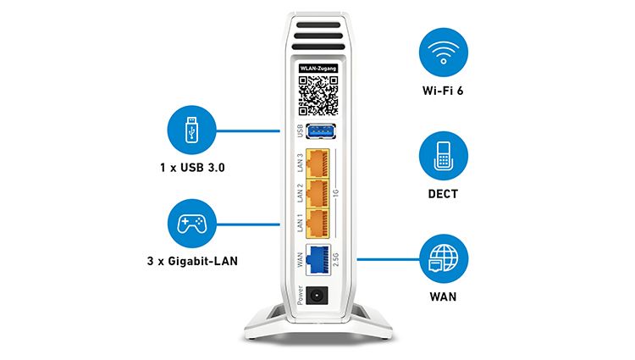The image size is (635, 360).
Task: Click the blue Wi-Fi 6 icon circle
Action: (444, 53)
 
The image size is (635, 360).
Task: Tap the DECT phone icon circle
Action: (444, 156)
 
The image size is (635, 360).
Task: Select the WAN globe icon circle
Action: (444, 258)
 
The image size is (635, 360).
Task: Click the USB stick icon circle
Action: (191, 130)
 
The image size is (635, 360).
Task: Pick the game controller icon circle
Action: (191, 224)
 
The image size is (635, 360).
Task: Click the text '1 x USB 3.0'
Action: (192, 168)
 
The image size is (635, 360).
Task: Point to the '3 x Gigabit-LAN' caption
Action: (192, 261)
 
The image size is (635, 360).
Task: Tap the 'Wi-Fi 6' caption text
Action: (443, 91)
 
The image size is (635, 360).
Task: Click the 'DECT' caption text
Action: (443, 194)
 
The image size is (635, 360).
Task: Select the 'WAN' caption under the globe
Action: (443, 296)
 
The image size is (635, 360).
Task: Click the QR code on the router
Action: (318, 96)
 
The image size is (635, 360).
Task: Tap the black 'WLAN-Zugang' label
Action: (318, 69)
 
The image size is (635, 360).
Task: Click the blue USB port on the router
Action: (321, 131)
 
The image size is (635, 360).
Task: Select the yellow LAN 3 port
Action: (317, 163)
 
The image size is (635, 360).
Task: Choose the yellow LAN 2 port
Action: (317, 194)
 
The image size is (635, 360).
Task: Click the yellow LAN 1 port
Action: (317, 224)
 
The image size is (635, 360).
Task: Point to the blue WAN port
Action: (317, 259)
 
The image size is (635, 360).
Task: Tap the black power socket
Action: (317, 296)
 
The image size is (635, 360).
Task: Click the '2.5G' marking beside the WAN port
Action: (336, 259)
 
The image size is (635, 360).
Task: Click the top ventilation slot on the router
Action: (318, 25)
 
